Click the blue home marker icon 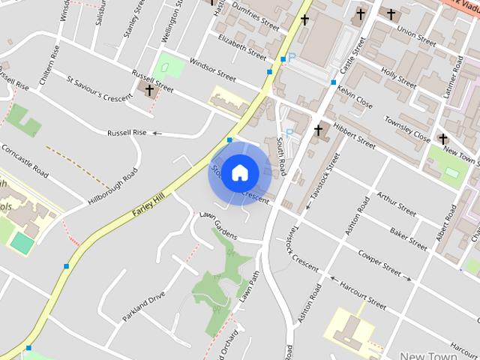click(239, 172)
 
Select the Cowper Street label click(379, 265)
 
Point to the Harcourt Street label click(363, 295)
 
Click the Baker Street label click(408, 238)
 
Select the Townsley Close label click(407, 128)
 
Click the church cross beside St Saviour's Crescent click(149, 91)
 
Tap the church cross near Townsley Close click(443, 139)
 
